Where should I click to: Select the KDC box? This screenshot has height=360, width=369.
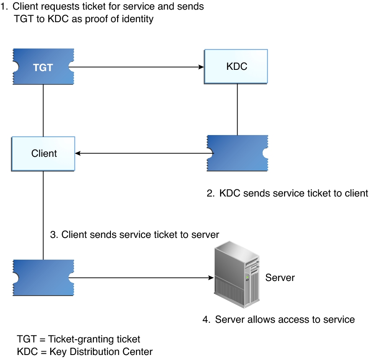236,66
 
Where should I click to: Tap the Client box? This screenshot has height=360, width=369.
44,153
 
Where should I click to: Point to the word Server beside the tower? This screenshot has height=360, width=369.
280,278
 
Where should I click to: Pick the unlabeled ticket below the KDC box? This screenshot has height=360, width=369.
237,153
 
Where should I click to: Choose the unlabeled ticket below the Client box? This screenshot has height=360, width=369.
44,277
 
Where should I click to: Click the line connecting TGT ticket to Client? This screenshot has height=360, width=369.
44,110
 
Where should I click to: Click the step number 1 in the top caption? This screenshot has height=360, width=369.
4,7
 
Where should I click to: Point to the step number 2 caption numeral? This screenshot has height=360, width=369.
210,193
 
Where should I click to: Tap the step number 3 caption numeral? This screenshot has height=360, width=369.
53,235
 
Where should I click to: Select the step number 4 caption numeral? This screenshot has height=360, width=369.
206,320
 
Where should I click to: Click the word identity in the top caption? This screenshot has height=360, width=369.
139,19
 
